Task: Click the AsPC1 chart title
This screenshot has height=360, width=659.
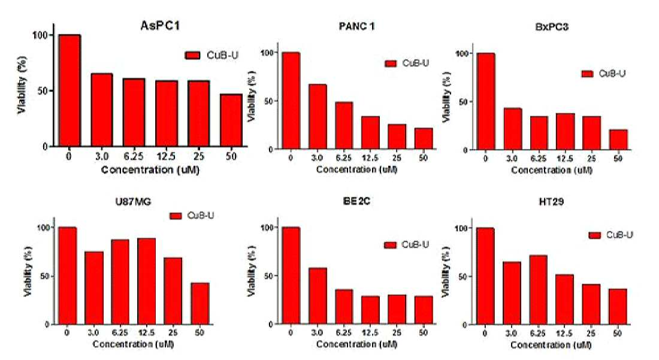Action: coord(160,26)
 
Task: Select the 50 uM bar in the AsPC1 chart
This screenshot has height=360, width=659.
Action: coord(231,120)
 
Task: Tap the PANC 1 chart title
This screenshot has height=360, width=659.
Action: coord(356,26)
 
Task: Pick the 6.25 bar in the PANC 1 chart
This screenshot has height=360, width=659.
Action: coord(344,126)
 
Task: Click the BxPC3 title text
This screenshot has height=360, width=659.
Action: coord(552,28)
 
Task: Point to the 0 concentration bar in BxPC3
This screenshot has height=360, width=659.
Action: coord(485,101)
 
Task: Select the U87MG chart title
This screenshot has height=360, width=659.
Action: coord(133,202)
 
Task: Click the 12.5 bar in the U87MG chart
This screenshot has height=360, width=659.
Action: coord(146,282)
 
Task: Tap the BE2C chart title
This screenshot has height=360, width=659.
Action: coord(356,201)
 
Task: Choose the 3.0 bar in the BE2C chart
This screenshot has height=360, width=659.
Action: coord(318,296)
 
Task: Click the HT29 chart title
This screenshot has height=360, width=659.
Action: coord(551,202)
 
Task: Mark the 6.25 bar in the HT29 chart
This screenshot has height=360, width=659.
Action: coord(538,290)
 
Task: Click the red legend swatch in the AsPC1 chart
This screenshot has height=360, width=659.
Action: coord(193,56)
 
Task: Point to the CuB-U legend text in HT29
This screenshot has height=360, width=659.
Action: coord(619,235)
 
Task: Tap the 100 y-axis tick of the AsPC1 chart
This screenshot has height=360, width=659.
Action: coord(40,35)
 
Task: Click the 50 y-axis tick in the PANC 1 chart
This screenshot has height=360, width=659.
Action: coord(269,101)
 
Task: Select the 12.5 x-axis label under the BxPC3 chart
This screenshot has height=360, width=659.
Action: coord(565,159)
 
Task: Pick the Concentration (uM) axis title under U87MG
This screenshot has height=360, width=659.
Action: coord(133,344)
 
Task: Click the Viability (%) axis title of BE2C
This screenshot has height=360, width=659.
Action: coord(252,271)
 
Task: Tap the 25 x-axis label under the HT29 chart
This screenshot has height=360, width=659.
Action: coord(591,334)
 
